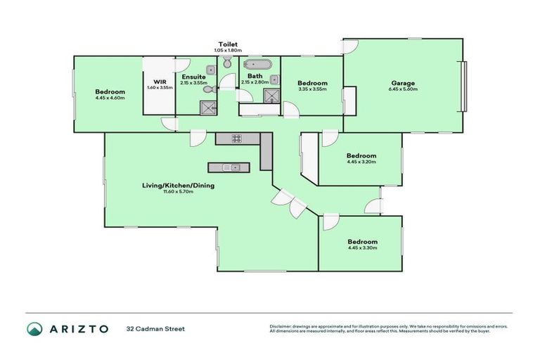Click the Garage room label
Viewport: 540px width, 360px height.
[403, 84]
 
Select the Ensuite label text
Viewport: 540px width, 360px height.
[193, 77]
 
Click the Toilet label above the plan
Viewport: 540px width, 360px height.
[229, 44]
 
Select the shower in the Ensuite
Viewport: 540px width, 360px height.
[208, 107]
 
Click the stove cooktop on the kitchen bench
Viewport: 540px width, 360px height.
[237, 138]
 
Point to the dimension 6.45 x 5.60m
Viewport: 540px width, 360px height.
[403, 90]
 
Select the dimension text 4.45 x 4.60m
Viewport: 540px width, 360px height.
[110, 98]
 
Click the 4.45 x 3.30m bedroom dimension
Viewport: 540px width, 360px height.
[362, 247]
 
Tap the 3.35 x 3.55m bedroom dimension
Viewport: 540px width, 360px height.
[311, 89]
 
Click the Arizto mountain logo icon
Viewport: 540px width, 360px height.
[34, 328]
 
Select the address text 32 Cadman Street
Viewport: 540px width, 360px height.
[155, 328]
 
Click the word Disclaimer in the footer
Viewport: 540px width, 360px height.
[281, 326]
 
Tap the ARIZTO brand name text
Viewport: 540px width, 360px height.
[79, 328]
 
